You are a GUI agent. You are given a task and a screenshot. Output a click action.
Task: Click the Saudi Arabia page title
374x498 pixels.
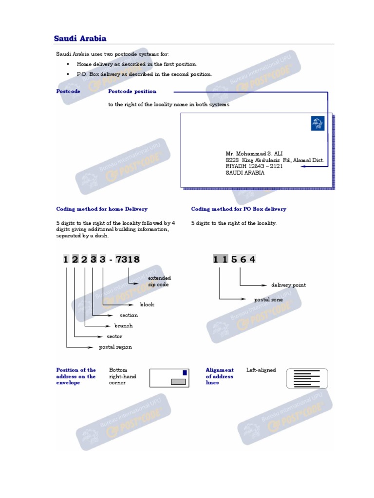point(80,38)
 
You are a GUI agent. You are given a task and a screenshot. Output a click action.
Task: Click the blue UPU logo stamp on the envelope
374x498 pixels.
point(317,124)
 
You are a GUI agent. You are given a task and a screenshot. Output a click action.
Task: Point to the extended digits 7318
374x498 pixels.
point(128,260)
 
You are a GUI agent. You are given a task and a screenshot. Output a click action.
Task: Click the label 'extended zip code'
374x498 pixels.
point(159,281)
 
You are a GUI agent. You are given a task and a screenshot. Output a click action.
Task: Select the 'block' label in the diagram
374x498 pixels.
point(147,304)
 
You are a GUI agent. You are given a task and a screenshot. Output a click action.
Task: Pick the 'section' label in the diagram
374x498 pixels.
point(129,315)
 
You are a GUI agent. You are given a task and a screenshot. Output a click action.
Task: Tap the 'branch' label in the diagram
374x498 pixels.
point(123,326)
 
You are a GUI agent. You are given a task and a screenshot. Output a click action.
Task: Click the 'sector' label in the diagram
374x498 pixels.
point(114,337)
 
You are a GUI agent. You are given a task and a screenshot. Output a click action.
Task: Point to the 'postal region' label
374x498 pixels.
point(115,347)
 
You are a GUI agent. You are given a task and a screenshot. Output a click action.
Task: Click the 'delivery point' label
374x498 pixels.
point(288,285)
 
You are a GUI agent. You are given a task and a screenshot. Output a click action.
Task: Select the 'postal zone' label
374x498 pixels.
point(268,300)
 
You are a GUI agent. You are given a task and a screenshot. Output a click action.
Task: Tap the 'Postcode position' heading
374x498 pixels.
point(132,91)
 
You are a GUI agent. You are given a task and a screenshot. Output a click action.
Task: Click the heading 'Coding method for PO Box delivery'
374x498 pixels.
point(239,209)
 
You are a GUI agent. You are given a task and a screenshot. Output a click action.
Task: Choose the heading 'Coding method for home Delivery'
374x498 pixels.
point(102,209)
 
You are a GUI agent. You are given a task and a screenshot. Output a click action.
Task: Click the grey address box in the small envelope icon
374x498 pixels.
point(179,382)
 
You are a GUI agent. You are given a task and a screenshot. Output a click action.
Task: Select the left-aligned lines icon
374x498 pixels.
point(307,378)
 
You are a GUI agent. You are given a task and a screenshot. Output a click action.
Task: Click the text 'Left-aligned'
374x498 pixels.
point(261,370)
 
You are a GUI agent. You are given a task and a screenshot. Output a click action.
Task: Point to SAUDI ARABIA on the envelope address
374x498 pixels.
point(245,173)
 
